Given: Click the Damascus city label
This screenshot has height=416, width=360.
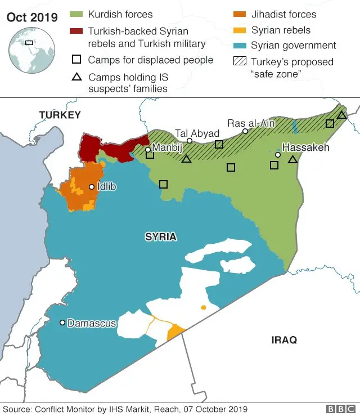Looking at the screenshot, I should [92, 323].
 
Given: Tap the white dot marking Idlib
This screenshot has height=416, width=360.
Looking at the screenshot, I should [92, 186].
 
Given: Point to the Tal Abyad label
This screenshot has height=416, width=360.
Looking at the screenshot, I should [197, 133].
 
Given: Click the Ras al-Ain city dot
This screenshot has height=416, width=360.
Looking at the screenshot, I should [245, 131].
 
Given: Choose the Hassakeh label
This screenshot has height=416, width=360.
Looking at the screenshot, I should [305, 147].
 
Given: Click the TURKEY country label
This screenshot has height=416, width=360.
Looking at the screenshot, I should [60, 115].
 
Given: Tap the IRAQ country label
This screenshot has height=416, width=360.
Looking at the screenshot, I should [284, 340].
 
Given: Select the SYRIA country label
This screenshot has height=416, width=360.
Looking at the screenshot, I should [161, 237].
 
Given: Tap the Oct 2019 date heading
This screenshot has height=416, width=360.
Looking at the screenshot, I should [32, 17].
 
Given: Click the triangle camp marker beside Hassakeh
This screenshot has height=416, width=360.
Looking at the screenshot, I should [292, 160].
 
